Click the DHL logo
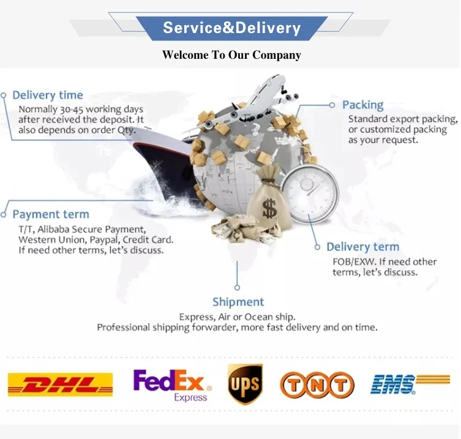click(x=60, y=385)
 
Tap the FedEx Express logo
click(x=172, y=385)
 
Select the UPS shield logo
click(x=245, y=385)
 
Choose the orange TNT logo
click(x=317, y=385)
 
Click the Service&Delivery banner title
click(x=231, y=28)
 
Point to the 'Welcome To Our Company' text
click(x=231, y=55)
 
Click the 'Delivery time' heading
click(x=47, y=95)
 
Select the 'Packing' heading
click(x=362, y=105)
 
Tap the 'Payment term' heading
click(x=51, y=214)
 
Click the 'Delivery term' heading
click(x=362, y=247)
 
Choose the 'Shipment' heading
click(x=238, y=302)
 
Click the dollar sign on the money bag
click(x=269, y=210)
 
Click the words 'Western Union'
click(x=48, y=239)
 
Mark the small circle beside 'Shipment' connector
click(x=238, y=287)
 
